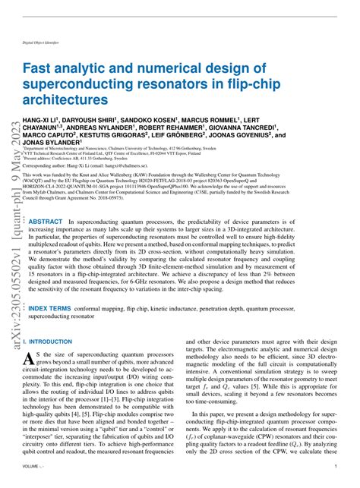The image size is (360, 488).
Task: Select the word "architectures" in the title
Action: click(65, 99)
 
